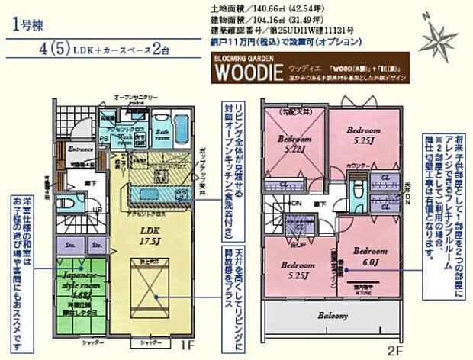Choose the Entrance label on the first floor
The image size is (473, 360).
point(80,149)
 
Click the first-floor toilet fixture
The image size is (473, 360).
point(66,205)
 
